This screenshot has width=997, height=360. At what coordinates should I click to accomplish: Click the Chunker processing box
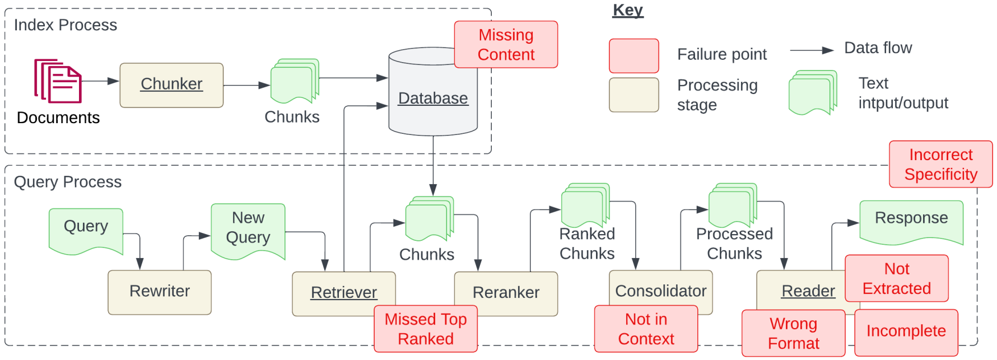pyautogui.click(x=171, y=85)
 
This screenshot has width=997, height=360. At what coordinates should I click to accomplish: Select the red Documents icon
pyautogui.click(x=58, y=81)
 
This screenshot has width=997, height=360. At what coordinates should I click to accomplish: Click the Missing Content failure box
pyautogui.click(x=506, y=45)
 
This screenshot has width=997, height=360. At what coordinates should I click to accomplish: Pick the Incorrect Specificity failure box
pyautogui.click(x=940, y=164)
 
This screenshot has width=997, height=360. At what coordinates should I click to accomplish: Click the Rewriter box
pyautogui.click(x=160, y=292)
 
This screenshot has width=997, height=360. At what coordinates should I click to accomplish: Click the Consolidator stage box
pyautogui.click(x=660, y=288)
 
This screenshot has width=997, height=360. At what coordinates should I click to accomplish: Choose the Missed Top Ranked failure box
pyautogui.click(x=426, y=329)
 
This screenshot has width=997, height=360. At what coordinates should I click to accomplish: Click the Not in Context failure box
pyautogui.click(x=646, y=329)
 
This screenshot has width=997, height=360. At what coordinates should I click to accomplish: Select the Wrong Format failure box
pyautogui.click(x=793, y=333)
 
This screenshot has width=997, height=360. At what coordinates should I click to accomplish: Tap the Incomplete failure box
pyautogui.click(x=906, y=331)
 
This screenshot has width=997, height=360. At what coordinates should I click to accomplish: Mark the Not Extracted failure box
pyautogui.click(x=896, y=278)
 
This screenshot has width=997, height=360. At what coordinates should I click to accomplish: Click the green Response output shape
pyautogui.click(x=911, y=221)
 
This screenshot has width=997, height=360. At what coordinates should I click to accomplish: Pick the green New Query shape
pyautogui.click(x=248, y=230)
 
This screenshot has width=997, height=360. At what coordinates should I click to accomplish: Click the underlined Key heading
pyautogui.click(x=628, y=10)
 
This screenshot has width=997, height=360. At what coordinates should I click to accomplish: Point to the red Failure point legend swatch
pyautogui.click(x=633, y=55)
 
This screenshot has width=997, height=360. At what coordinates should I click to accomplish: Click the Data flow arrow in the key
pyautogui.click(x=812, y=50)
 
